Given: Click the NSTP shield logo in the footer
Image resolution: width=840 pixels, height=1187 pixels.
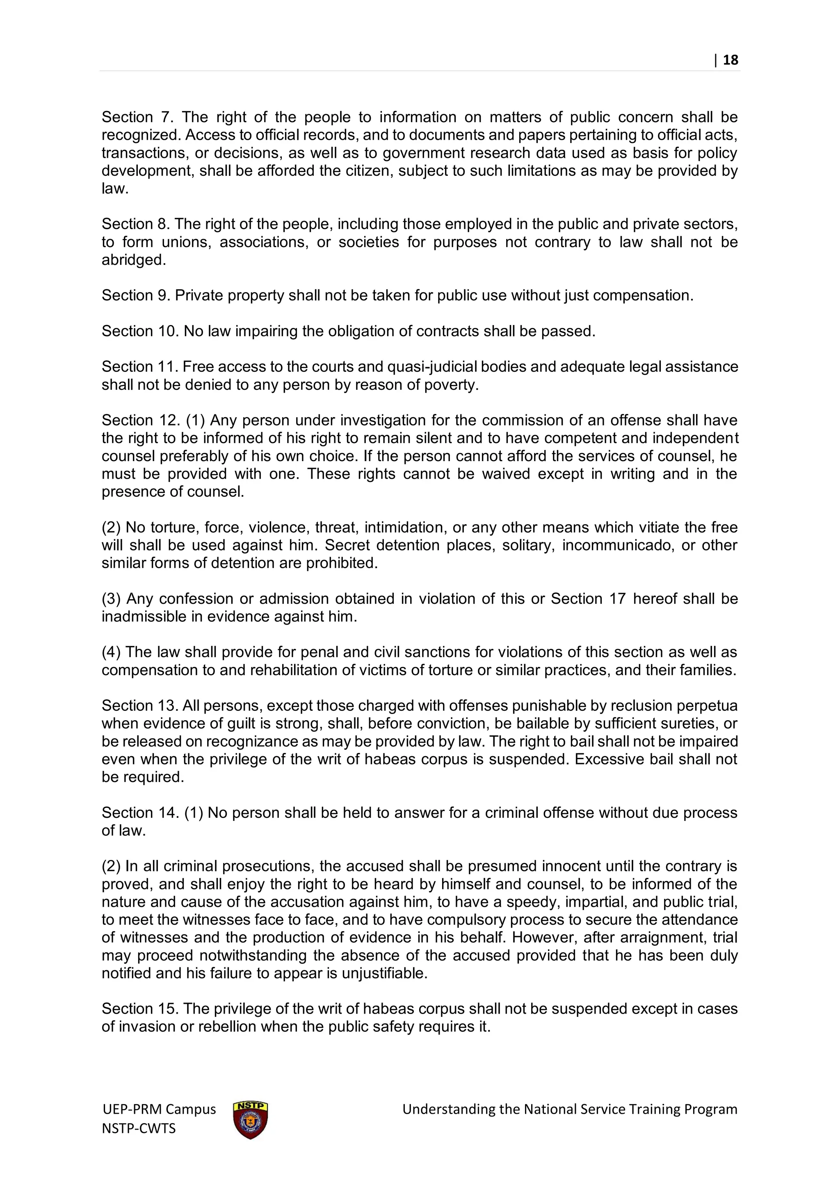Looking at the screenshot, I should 250,1120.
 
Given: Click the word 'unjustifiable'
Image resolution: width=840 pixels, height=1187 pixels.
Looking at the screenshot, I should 384,973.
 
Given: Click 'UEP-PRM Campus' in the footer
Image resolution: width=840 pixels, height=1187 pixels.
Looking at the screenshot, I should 159,1109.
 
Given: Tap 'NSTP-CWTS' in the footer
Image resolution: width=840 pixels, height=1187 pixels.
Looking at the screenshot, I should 139,1128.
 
